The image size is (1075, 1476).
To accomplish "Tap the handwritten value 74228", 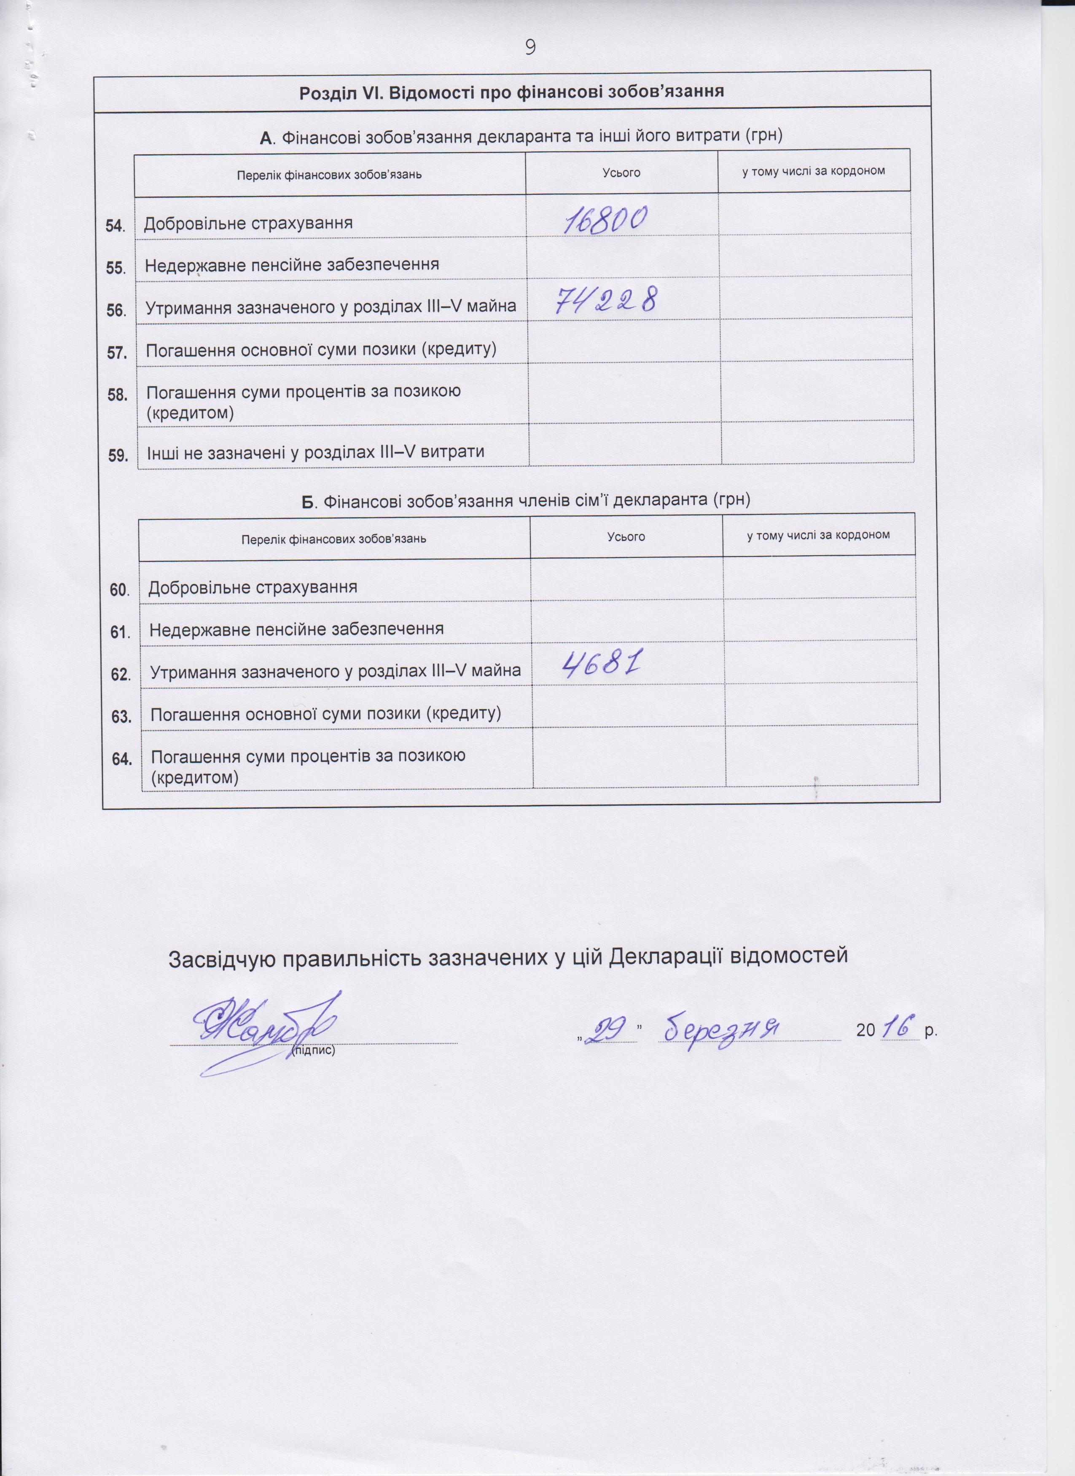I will (606, 302).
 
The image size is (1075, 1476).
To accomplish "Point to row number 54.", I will (115, 226).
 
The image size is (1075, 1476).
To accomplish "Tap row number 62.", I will (121, 674).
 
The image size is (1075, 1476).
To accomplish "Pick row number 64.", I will (122, 759).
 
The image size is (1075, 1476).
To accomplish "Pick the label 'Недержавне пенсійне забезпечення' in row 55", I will (292, 265).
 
